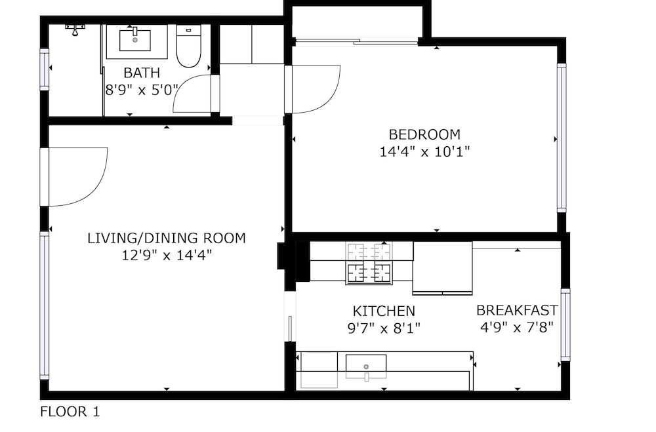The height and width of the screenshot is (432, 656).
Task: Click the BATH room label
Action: pos(142,73)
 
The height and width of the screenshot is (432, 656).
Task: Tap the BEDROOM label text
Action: pos(424,134)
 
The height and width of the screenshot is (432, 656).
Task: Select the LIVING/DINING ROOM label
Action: pos(167,239)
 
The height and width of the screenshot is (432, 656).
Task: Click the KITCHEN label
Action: pos(384,311)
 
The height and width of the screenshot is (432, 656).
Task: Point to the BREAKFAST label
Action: pos(517,310)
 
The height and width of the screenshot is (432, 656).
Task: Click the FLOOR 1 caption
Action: pos(70,412)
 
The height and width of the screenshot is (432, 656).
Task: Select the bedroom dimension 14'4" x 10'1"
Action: pos(424,151)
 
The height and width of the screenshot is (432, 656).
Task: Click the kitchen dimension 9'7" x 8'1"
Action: pos(384,328)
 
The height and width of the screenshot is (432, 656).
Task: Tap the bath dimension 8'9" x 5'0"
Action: pos(142,90)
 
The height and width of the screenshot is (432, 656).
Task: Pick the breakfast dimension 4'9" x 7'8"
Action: pos(517,327)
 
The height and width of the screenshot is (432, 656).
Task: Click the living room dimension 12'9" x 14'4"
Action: pos(167,255)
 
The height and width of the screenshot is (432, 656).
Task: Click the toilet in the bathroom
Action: pos(189,46)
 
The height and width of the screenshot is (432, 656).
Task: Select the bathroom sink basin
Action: pos(135,41)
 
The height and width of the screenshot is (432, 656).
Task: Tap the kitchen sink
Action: pos(366,366)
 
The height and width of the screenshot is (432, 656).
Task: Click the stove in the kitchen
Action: pos(369,264)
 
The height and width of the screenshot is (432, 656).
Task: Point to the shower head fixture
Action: pos(75,29)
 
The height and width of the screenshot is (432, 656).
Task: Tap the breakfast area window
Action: pos(565,324)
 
